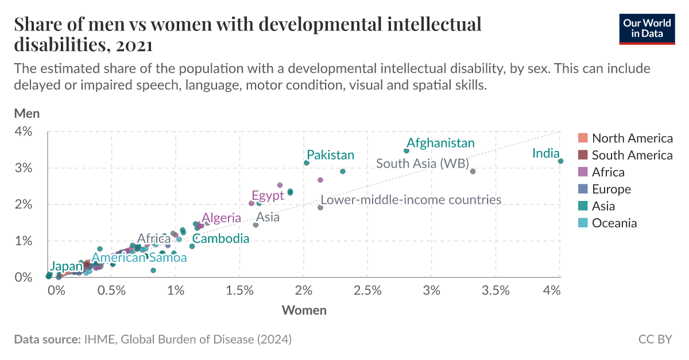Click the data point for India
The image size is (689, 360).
point(560,161)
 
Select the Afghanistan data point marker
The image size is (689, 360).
point(407,151)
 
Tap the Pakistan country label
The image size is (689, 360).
point(330,155)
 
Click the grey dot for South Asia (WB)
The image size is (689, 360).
point(473,171)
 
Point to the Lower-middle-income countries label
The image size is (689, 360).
point(411,200)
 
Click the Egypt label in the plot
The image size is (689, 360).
point(268,195)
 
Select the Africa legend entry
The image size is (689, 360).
point(608,172)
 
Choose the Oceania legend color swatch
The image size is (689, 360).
point(583,223)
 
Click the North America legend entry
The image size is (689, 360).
point(632,138)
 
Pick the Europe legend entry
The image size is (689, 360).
point(611,189)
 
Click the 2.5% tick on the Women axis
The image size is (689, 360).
point(367,291)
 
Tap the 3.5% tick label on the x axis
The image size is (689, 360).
point(496,291)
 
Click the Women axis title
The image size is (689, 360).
point(304,311)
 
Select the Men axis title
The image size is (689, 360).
point(26,113)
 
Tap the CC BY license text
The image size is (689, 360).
point(655,339)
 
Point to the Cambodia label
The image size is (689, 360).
point(220,238)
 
